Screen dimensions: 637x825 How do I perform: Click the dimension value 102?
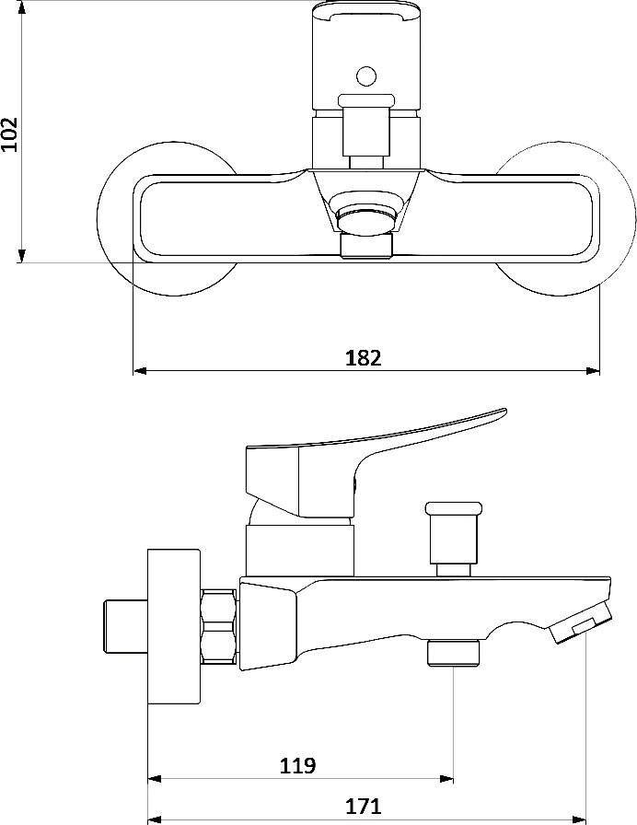point(9,134)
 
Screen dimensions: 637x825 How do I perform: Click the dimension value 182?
point(363,358)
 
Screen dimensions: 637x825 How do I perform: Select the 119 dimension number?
point(297,765)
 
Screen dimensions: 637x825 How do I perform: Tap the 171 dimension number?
point(363,806)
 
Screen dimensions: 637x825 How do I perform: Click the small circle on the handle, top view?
point(366,76)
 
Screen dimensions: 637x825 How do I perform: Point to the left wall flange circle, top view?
point(98,218)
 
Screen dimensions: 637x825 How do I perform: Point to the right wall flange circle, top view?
point(634,218)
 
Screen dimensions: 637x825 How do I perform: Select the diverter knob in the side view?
point(454,539)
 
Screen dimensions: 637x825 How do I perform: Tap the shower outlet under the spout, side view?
point(454,653)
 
